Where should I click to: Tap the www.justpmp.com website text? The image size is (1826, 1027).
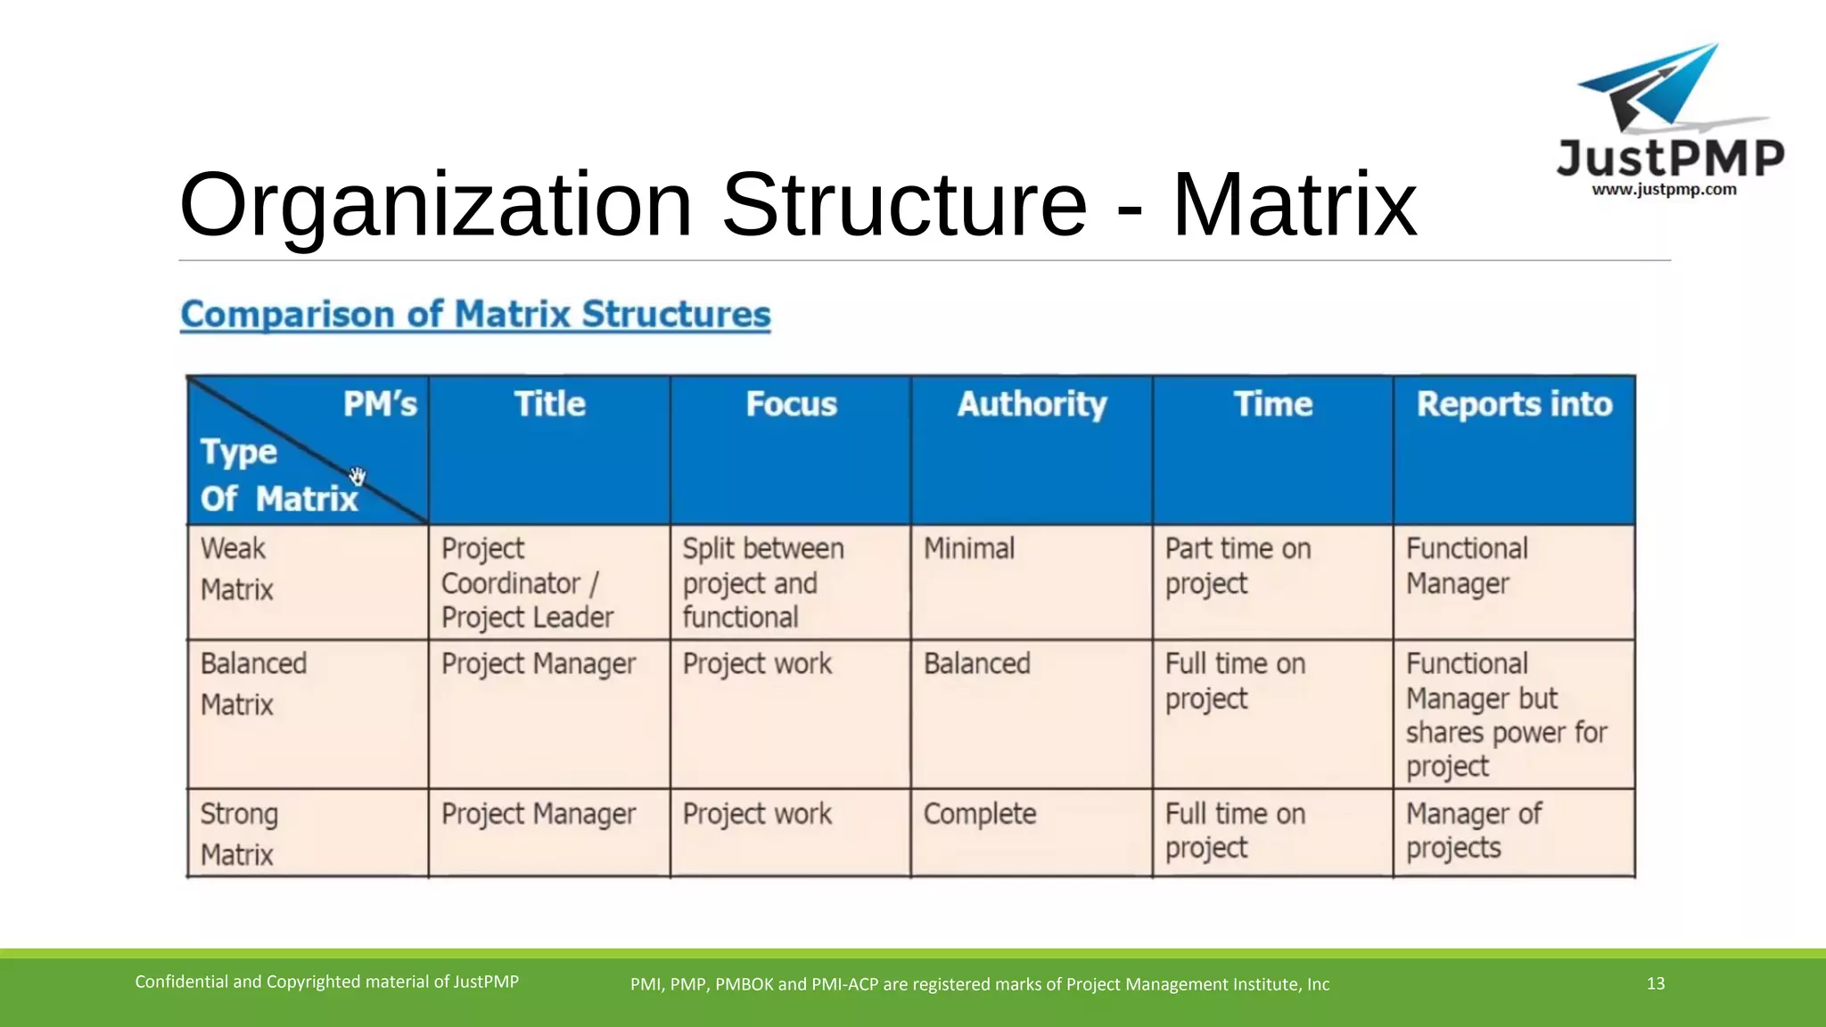point(1664,190)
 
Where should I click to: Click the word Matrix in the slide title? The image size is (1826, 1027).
point(1294,205)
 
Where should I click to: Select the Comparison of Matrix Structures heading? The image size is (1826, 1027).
point(475,315)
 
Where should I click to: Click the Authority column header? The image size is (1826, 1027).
point(1032,405)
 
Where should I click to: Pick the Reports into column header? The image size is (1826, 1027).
point(1514,405)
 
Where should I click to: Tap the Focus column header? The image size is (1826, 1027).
point(791,405)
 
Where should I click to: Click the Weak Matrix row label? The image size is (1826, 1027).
point(237,569)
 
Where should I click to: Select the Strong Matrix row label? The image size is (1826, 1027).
point(239,834)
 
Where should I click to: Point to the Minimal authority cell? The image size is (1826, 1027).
point(969,548)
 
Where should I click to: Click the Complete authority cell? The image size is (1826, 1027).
point(980,814)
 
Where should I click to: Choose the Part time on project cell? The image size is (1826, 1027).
point(1238,565)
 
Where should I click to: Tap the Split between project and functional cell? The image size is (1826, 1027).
point(762,582)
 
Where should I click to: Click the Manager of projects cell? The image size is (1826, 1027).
point(1473,830)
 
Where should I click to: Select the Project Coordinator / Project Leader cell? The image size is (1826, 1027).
point(527,582)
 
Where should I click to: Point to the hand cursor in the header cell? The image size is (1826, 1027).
point(358,476)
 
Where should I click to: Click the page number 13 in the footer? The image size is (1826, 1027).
point(1656,983)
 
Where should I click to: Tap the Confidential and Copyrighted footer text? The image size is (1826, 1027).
point(326,982)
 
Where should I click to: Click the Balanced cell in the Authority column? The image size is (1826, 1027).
point(977,663)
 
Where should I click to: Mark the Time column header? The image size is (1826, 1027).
point(1272,405)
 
